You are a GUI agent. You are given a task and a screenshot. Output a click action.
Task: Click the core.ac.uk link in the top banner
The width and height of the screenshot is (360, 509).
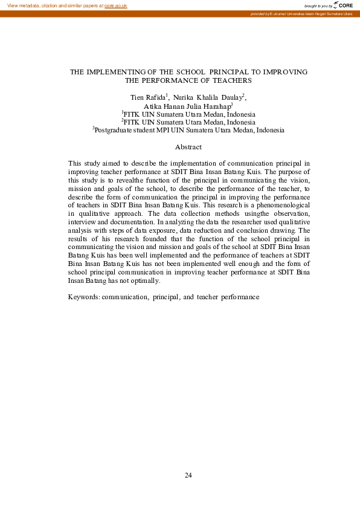coord(115,5)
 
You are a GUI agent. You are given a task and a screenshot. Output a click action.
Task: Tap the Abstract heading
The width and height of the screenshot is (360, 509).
coord(188,147)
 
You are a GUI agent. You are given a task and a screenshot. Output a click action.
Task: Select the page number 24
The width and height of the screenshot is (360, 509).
coord(188,475)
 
